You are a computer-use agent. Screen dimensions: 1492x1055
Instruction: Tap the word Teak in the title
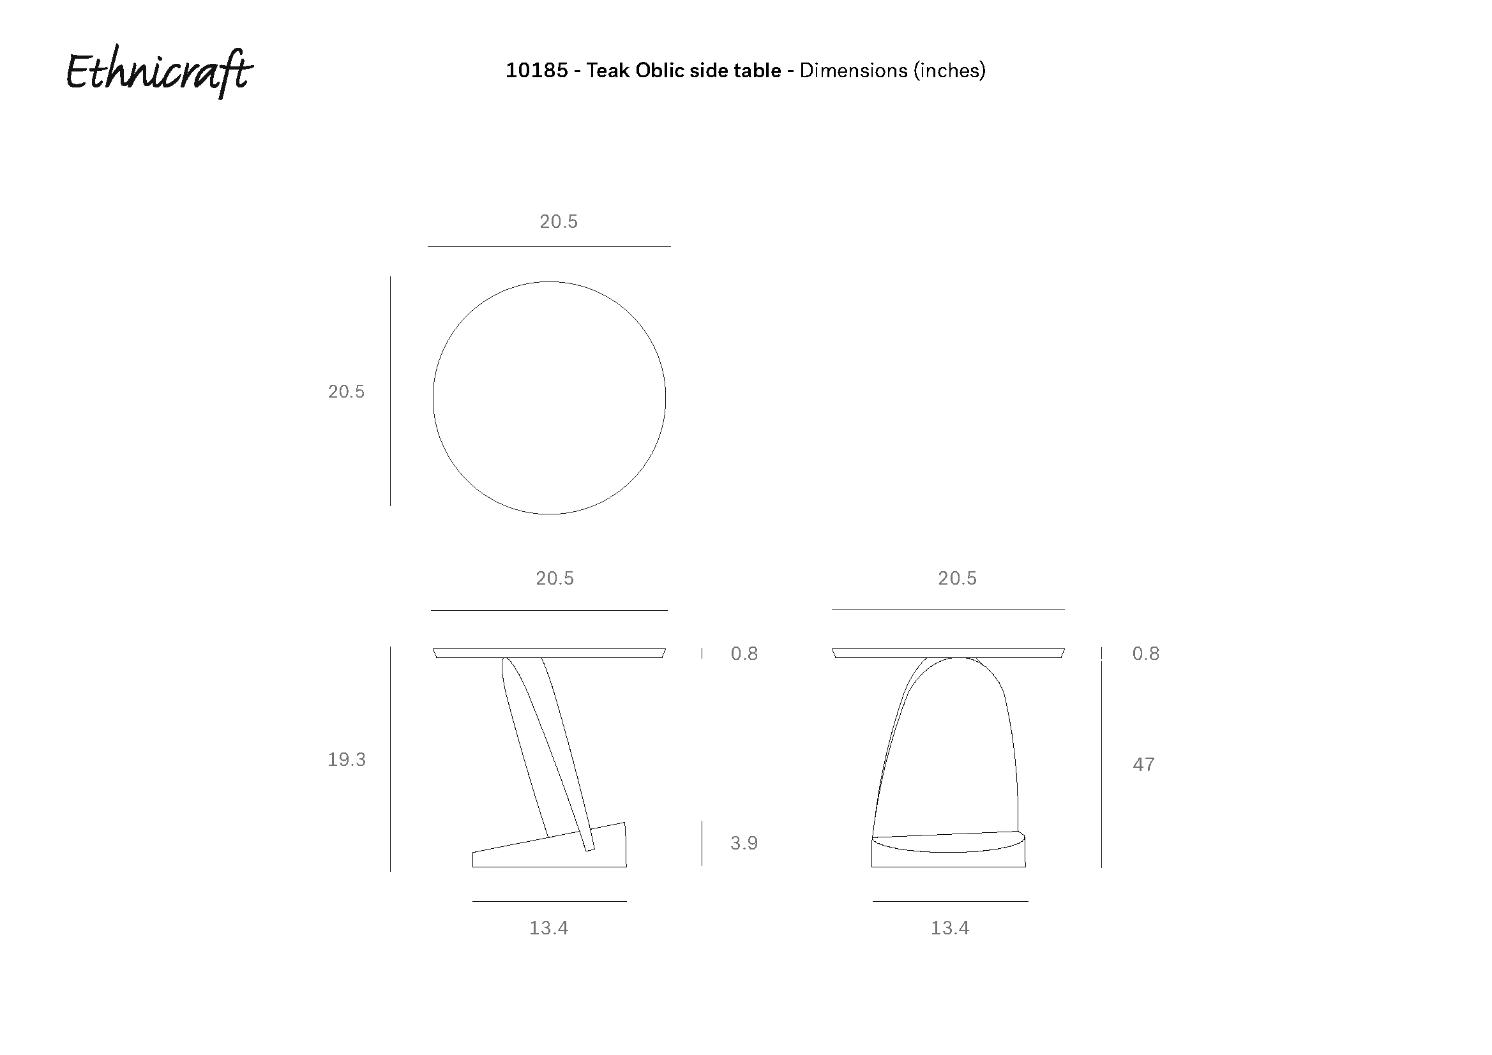pos(608,70)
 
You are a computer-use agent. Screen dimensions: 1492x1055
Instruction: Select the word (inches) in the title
pos(949,70)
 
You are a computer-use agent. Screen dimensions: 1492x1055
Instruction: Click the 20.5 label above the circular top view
pos(558,221)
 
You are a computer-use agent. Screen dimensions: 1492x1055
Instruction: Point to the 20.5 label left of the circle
pos(347,392)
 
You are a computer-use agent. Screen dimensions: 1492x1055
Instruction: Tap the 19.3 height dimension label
pos(347,759)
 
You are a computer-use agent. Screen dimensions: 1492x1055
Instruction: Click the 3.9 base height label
pos(744,843)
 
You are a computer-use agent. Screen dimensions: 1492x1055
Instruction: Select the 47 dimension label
pos(1143,765)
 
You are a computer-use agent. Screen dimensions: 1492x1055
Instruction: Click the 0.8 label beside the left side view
pos(744,654)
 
